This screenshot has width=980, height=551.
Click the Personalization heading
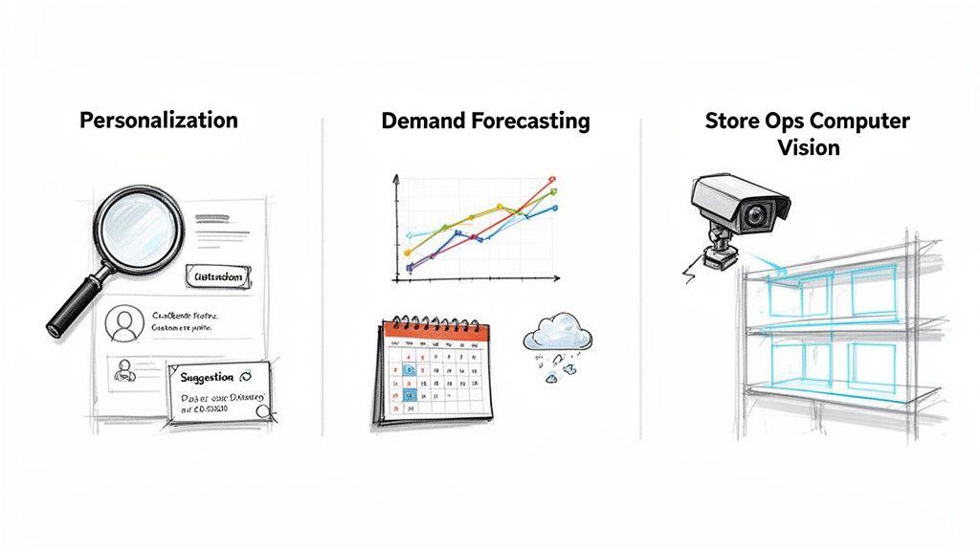click(159, 121)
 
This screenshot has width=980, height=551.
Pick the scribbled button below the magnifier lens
click(220, 277)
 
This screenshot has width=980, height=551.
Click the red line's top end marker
click(552, 178)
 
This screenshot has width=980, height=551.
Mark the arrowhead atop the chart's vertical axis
click(396, 179)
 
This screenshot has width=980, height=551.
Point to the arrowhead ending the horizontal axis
click(558, 279)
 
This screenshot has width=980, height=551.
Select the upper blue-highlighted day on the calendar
click(409, 367)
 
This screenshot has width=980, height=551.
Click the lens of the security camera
click(756, 214)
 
